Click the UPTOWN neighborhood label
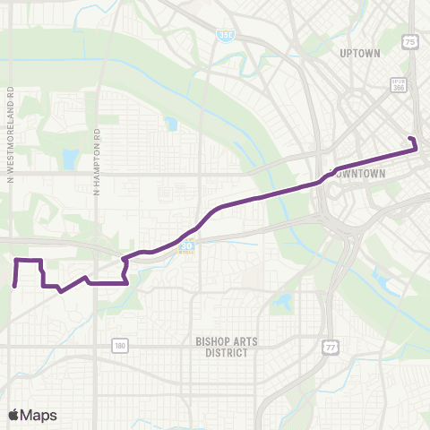(360, 53)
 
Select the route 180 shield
(120, 344)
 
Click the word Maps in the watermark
(39, 415)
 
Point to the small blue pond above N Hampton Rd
(171, 125)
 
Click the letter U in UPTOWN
(343, 53)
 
